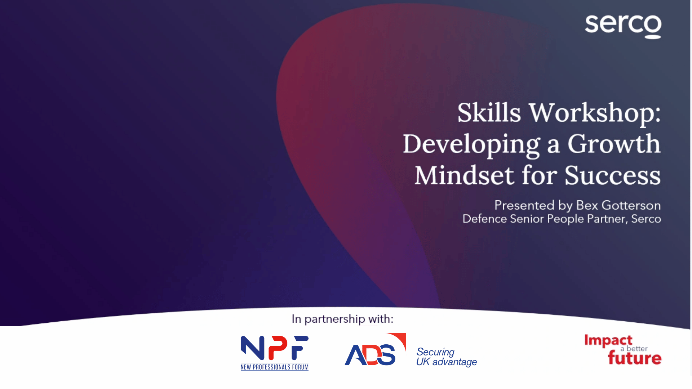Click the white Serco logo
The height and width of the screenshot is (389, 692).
tap(623, 27)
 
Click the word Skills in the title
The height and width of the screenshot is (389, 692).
tap(489, 112)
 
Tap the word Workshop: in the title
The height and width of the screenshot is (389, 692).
tap(595, 112)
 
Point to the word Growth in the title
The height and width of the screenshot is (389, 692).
tap(614, 143)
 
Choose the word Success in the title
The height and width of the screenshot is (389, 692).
tap(613, 176)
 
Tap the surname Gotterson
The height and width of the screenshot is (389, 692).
tap(631, 205)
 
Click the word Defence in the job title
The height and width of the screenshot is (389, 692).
tap(485, 219)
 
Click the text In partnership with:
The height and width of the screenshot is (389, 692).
tap(342, 319)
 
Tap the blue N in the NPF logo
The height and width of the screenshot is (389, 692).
tap(252, 348)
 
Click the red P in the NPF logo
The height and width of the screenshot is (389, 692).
tap(278, 348)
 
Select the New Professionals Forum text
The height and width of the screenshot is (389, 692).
tap(275, 367)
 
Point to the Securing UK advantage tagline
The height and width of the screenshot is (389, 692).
tap(447, 357)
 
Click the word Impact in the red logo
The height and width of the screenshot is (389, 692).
tap(608, 340)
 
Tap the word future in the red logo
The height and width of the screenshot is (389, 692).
tap(634, 358)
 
